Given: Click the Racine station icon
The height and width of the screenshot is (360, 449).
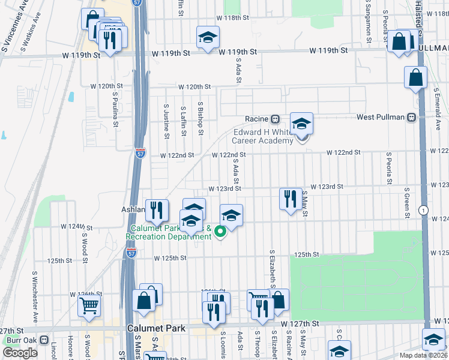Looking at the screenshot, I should (275, 118).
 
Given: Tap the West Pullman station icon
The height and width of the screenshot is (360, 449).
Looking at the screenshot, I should (411, 118).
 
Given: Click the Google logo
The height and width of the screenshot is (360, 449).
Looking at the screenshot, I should (20, 353).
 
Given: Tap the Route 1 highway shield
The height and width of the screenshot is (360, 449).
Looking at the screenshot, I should (424, 209).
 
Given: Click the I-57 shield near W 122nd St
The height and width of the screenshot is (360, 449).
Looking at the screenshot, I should (140, 153).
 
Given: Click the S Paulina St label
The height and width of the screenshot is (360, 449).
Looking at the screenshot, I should (114, 109).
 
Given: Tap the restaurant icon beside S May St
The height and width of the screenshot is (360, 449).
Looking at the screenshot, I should (291, 198).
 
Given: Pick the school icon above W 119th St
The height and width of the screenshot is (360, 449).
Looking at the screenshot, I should (208, 37).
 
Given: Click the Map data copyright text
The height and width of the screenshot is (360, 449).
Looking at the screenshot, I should (423, 355).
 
